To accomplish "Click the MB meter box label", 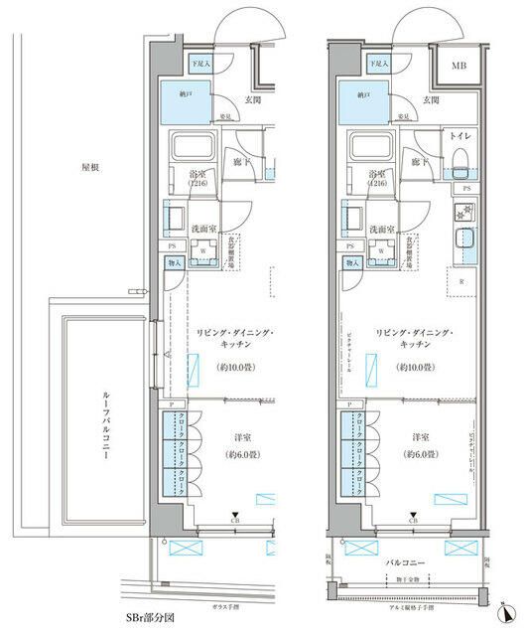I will click(x=459, y=68).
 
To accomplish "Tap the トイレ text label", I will click(x=459, y=134).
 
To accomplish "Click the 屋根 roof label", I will click(x=91, y=168).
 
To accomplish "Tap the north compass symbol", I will click(x=507, y=612).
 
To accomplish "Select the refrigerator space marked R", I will click(x=462, y=281).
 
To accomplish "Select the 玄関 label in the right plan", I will click(x=430, y=99).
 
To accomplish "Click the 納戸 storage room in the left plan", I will click(x=186, y=101).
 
